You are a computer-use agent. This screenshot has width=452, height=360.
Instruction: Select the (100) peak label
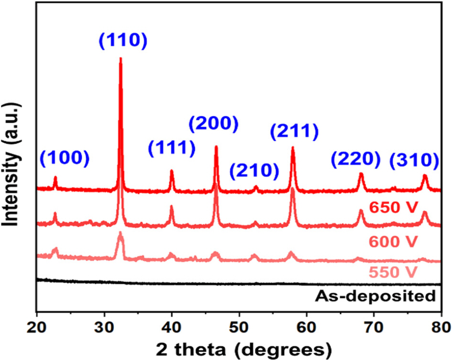tap(64, 159)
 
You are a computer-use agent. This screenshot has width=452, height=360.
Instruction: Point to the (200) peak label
tap(213, 124)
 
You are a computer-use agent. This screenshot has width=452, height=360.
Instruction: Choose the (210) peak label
tap(254, 170)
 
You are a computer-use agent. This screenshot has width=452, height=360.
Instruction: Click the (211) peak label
tap(294, 130)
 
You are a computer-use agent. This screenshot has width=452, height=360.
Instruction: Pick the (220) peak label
tap(355, 159)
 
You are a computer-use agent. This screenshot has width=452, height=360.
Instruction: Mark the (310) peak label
tap(414, 160)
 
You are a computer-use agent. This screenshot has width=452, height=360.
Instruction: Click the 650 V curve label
tap(394, 208)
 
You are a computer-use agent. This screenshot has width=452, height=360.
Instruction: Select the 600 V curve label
tap(394, 241)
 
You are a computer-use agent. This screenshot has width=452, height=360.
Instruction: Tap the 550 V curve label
tap(394, 272)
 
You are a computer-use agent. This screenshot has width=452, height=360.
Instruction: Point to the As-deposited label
tap(375, 295)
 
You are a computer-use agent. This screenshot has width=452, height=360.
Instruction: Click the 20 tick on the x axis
tap(37, 327)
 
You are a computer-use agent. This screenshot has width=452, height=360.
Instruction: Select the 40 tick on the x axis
tap(172, 327)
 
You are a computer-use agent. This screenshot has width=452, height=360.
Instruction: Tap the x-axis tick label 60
tap(307, 327)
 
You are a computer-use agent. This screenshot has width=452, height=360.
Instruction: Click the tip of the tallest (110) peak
tap(121, 59)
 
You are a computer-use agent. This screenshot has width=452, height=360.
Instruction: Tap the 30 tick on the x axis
tap(104, 327)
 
